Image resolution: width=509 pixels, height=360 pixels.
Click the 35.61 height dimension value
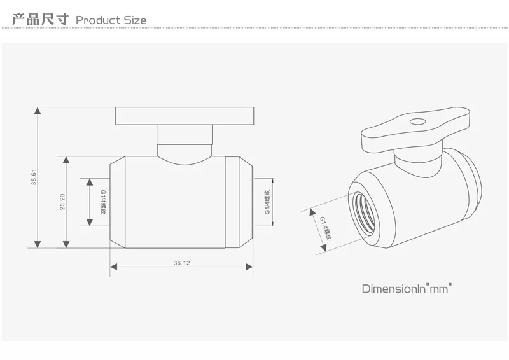(x=34, y=177)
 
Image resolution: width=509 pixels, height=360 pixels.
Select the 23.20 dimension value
(x=62, y=202)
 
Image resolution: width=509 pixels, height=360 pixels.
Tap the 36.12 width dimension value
(x=182, y=263)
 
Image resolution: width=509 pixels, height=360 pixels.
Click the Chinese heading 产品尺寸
(x=40, y=19)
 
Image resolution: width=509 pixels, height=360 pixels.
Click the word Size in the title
(x=135, y=20)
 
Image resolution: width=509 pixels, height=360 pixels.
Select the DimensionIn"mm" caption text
(x=407, y=288)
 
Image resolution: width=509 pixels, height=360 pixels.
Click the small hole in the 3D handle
(x=417, y=121)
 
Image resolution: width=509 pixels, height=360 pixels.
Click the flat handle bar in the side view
(x=185, y=116)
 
